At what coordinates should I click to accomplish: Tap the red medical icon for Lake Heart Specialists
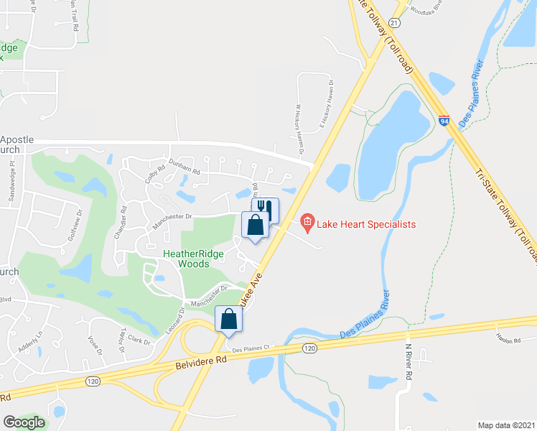point(307,223)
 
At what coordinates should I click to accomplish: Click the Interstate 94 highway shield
point(444,121)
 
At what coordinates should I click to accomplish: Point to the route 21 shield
point(394,23)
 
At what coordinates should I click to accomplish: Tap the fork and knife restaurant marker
point(266,208)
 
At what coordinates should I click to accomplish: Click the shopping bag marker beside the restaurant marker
point(256,226)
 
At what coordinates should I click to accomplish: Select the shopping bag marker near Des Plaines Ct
point(228,318)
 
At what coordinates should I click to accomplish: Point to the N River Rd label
point(408,363)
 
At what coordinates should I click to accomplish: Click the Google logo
point(24,422)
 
